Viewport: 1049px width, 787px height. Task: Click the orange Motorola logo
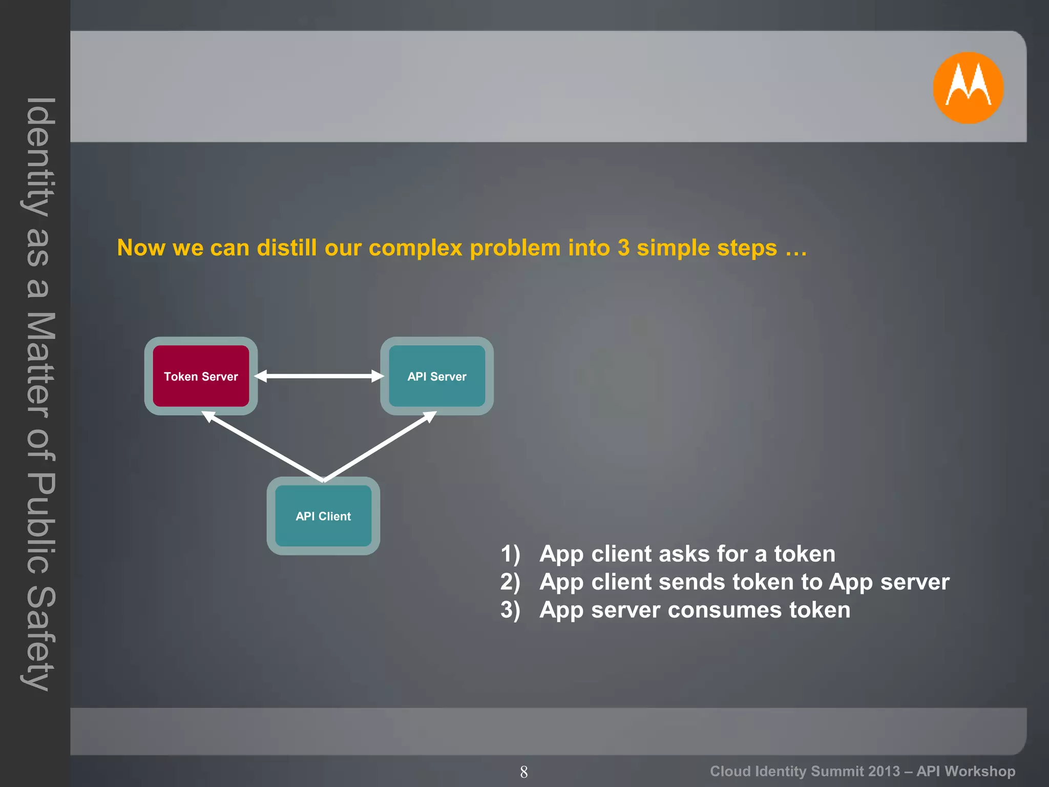pos(968,88)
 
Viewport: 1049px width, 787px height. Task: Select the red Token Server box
pos(201,376)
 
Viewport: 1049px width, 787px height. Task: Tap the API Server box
pos(436,376)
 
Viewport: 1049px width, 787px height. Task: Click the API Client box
pos(323,516)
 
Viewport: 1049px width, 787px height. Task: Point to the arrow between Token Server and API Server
pos(319,376)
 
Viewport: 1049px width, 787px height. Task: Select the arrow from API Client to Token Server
pos(264,446)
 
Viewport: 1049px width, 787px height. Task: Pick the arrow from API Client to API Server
pos(380,446)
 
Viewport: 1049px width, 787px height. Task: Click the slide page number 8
pos(523,772)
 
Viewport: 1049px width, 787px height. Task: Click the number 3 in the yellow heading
pos(623,248)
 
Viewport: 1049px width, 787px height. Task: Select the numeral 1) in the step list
pos(510,554)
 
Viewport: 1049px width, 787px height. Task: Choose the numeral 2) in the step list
pos(510,582)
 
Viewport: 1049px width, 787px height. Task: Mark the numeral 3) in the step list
pos(510,610)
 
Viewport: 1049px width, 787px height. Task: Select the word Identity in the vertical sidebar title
pos(38,156)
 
